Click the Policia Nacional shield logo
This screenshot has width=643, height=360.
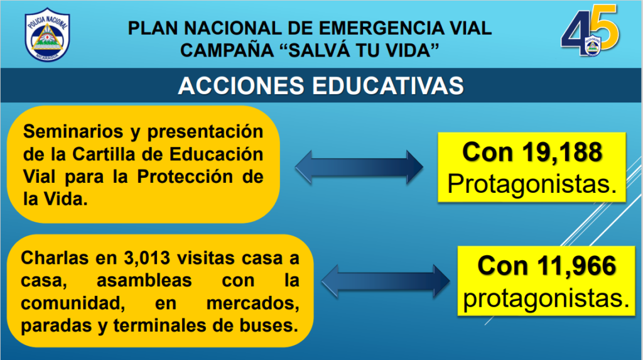click(x=47, y=35)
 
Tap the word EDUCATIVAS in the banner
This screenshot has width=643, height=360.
click(x=388, y=86)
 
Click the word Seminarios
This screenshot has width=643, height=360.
click(x=73, y=132)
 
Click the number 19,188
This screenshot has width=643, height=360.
click(x=562, y=152)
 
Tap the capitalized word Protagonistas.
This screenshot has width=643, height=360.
click(x=532, y=184)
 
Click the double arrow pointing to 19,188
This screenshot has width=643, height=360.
click(x=359, y=166)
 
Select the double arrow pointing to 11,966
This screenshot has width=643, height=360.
click(x=386, y=281)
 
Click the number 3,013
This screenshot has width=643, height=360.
click(x=147, y=258)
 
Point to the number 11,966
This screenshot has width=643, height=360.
click(x=576, y=266)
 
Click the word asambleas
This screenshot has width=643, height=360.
click(x=144, y=281)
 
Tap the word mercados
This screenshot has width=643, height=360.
click(x=252, y=303)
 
